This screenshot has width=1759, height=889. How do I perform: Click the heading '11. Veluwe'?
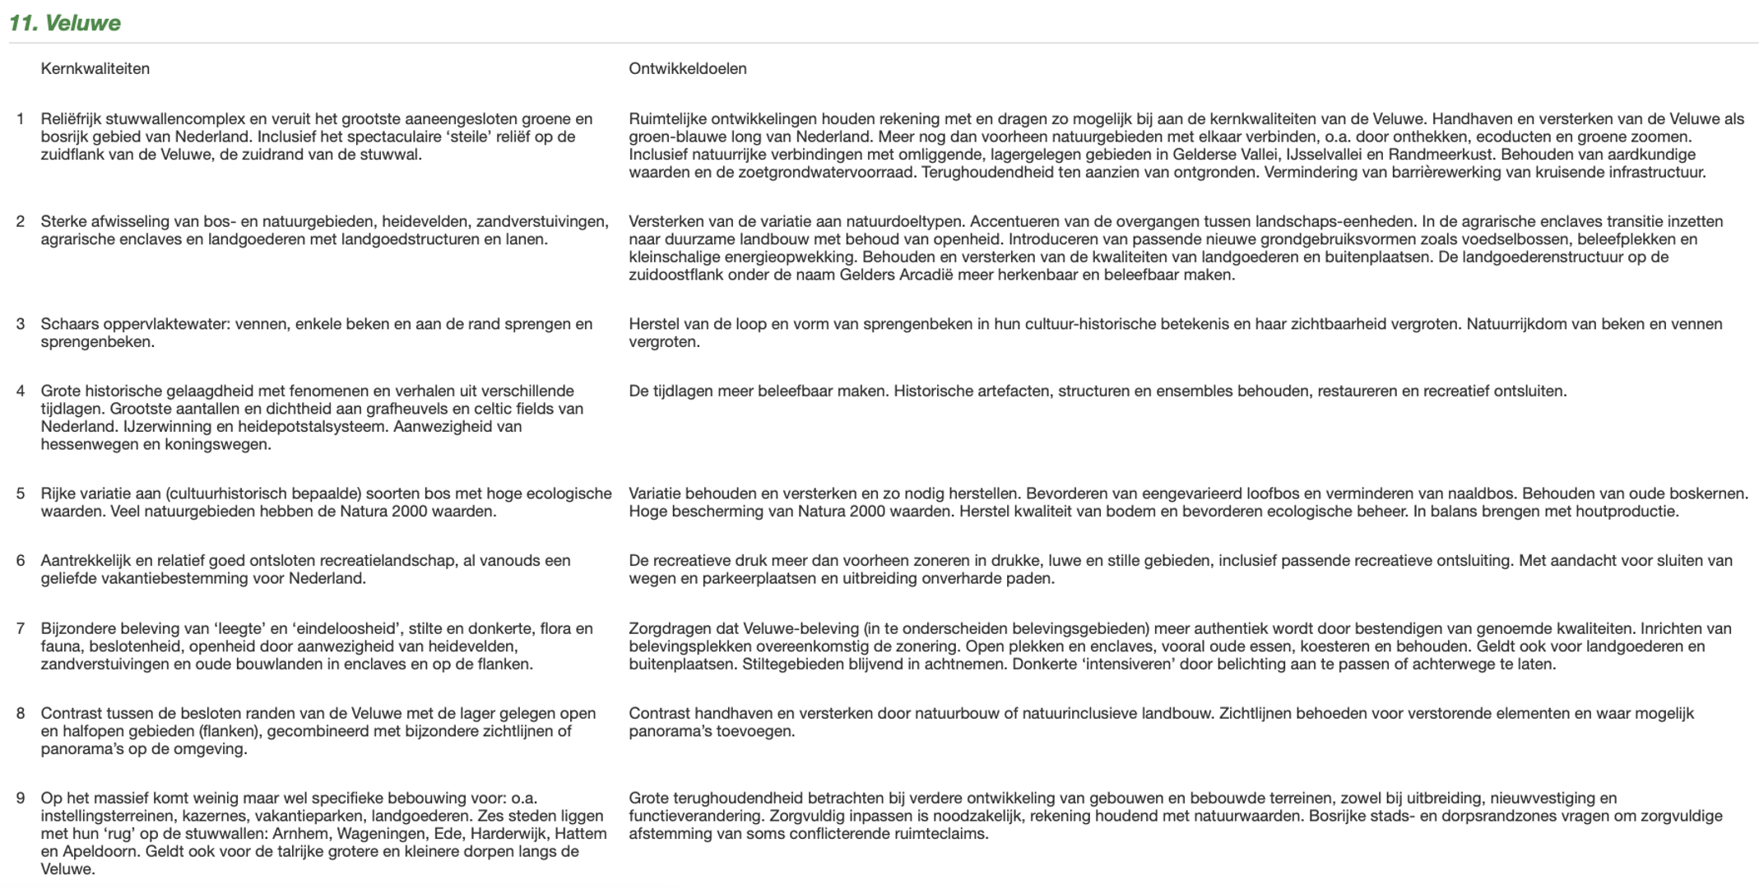pyautogui.click(x=65, y=23)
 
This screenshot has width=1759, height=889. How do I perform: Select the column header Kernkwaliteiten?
pyautogui.click(x=95, y=69)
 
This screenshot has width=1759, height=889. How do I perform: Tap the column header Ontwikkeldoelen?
pyautogui.click(x=688, y=69)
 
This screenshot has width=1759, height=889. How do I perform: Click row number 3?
pyautogui.click(x=21, y=324)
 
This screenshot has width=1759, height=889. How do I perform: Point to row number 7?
pyautogui.click(x=21, y=629)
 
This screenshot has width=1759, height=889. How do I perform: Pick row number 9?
pyautogui.click(x=21, y=799)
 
